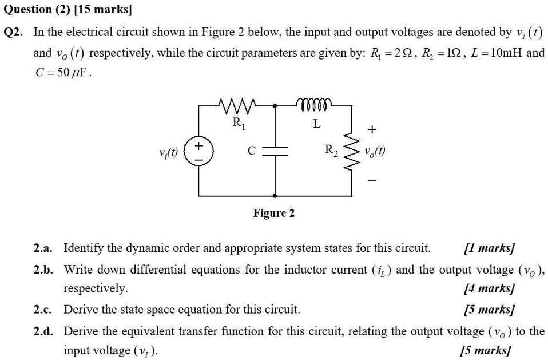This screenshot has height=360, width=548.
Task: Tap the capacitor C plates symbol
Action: click(276, 150)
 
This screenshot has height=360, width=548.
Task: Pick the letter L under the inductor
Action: click(316, 124)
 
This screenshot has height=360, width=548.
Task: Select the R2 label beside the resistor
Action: click(332, 151)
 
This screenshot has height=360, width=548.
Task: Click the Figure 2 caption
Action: click(274, 213)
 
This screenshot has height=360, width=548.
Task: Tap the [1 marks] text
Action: click(489, 248)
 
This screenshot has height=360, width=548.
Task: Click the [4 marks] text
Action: click(489, 289)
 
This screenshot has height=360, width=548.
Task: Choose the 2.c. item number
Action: click(43, 310)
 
